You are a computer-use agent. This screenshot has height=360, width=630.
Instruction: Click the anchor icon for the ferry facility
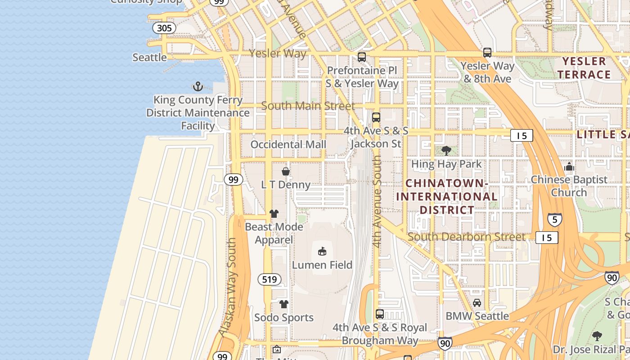198,86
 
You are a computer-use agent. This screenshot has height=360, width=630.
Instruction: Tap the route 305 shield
164,28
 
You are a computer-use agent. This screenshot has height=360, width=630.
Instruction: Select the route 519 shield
269,279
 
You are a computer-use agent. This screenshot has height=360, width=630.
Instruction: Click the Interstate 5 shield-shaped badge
554,220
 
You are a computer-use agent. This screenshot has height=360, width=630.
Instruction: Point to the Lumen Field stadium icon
322,251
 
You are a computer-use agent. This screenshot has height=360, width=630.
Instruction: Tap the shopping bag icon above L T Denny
285,171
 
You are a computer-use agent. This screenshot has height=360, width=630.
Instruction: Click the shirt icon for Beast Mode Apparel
274,213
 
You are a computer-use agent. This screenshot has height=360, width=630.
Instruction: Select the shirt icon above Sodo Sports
283,304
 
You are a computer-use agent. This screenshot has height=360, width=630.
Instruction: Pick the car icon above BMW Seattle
477,302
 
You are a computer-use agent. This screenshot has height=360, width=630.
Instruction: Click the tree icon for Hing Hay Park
446,151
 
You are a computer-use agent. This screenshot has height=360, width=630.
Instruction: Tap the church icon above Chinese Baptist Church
569,166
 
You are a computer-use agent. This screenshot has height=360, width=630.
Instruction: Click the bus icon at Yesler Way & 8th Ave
487,53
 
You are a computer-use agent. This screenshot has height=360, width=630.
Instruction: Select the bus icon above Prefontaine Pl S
361,57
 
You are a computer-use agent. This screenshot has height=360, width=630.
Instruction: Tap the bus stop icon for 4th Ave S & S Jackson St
376,117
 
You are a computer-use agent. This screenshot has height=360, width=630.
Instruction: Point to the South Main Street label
308,106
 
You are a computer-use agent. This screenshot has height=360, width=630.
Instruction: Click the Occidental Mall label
288,144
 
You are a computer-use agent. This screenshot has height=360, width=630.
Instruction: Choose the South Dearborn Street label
466,237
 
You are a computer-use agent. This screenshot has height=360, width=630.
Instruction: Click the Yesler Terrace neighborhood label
584,68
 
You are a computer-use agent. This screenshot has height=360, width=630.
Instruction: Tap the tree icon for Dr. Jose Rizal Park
597,336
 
